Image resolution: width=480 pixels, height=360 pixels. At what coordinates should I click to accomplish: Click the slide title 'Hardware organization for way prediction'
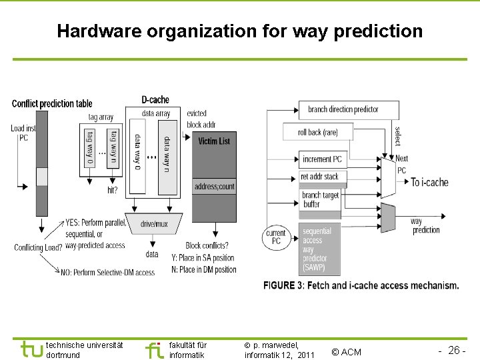coord(239,31)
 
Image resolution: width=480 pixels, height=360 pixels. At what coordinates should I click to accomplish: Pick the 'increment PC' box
coord(321,159)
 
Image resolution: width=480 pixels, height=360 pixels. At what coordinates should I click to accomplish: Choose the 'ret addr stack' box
coord(320,177)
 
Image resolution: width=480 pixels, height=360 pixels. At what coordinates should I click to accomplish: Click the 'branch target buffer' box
coord(320,200)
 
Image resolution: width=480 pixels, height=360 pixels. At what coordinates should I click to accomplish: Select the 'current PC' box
coord(276,237)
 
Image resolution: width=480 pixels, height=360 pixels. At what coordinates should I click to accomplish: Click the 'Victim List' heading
coord(214,141)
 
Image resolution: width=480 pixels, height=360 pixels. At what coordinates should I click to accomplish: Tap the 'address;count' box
coord(214,187)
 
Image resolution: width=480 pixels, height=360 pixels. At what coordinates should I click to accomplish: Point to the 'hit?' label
coord(112,189)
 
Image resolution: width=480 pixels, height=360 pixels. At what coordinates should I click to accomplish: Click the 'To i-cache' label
coord(429,182)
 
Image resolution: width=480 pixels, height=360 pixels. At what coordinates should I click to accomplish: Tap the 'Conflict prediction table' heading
coord(52,103)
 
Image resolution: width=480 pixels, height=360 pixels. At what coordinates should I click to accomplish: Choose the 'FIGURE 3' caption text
coord(361,285)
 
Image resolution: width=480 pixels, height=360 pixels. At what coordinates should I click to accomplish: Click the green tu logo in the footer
coord(31,349)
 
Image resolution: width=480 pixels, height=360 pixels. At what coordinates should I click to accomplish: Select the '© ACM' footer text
coord(346,351)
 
